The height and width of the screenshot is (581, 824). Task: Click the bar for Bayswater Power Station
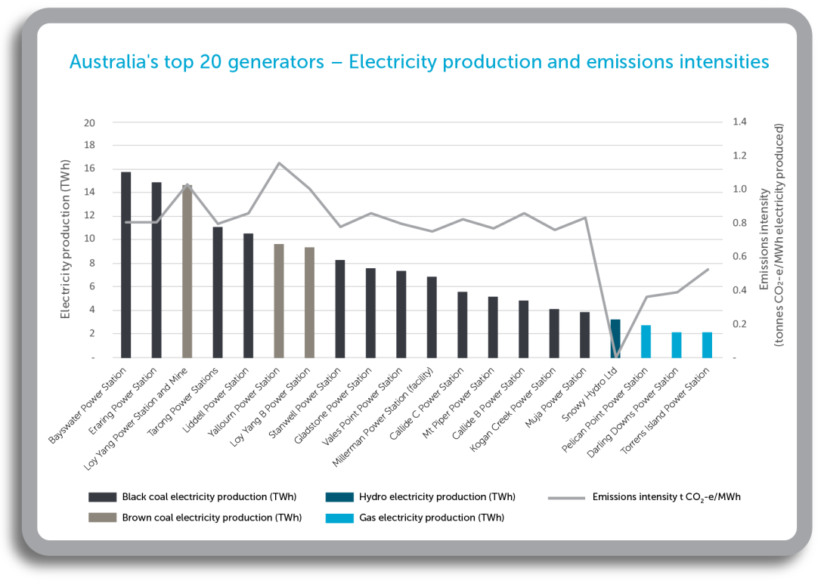pos(126,264)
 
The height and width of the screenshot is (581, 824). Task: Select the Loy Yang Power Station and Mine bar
pos(187,271)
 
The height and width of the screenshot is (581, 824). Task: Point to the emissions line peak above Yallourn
pos(279,163)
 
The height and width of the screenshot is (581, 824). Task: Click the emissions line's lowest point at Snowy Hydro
pos(615,356)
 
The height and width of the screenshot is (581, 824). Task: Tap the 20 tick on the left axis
pos(90,122)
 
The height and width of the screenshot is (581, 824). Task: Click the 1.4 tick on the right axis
pos(739,122)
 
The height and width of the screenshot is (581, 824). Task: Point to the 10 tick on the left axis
pos(90,240)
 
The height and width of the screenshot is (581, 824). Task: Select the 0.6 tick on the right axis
pos(739,257)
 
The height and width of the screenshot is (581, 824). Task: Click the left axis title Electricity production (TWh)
pos(66,240)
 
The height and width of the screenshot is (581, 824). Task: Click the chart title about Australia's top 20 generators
pos(419,62)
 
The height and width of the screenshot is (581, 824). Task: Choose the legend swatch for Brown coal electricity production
pos(102,518)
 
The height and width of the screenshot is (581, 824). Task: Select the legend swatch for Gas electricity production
pos(339,518)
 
